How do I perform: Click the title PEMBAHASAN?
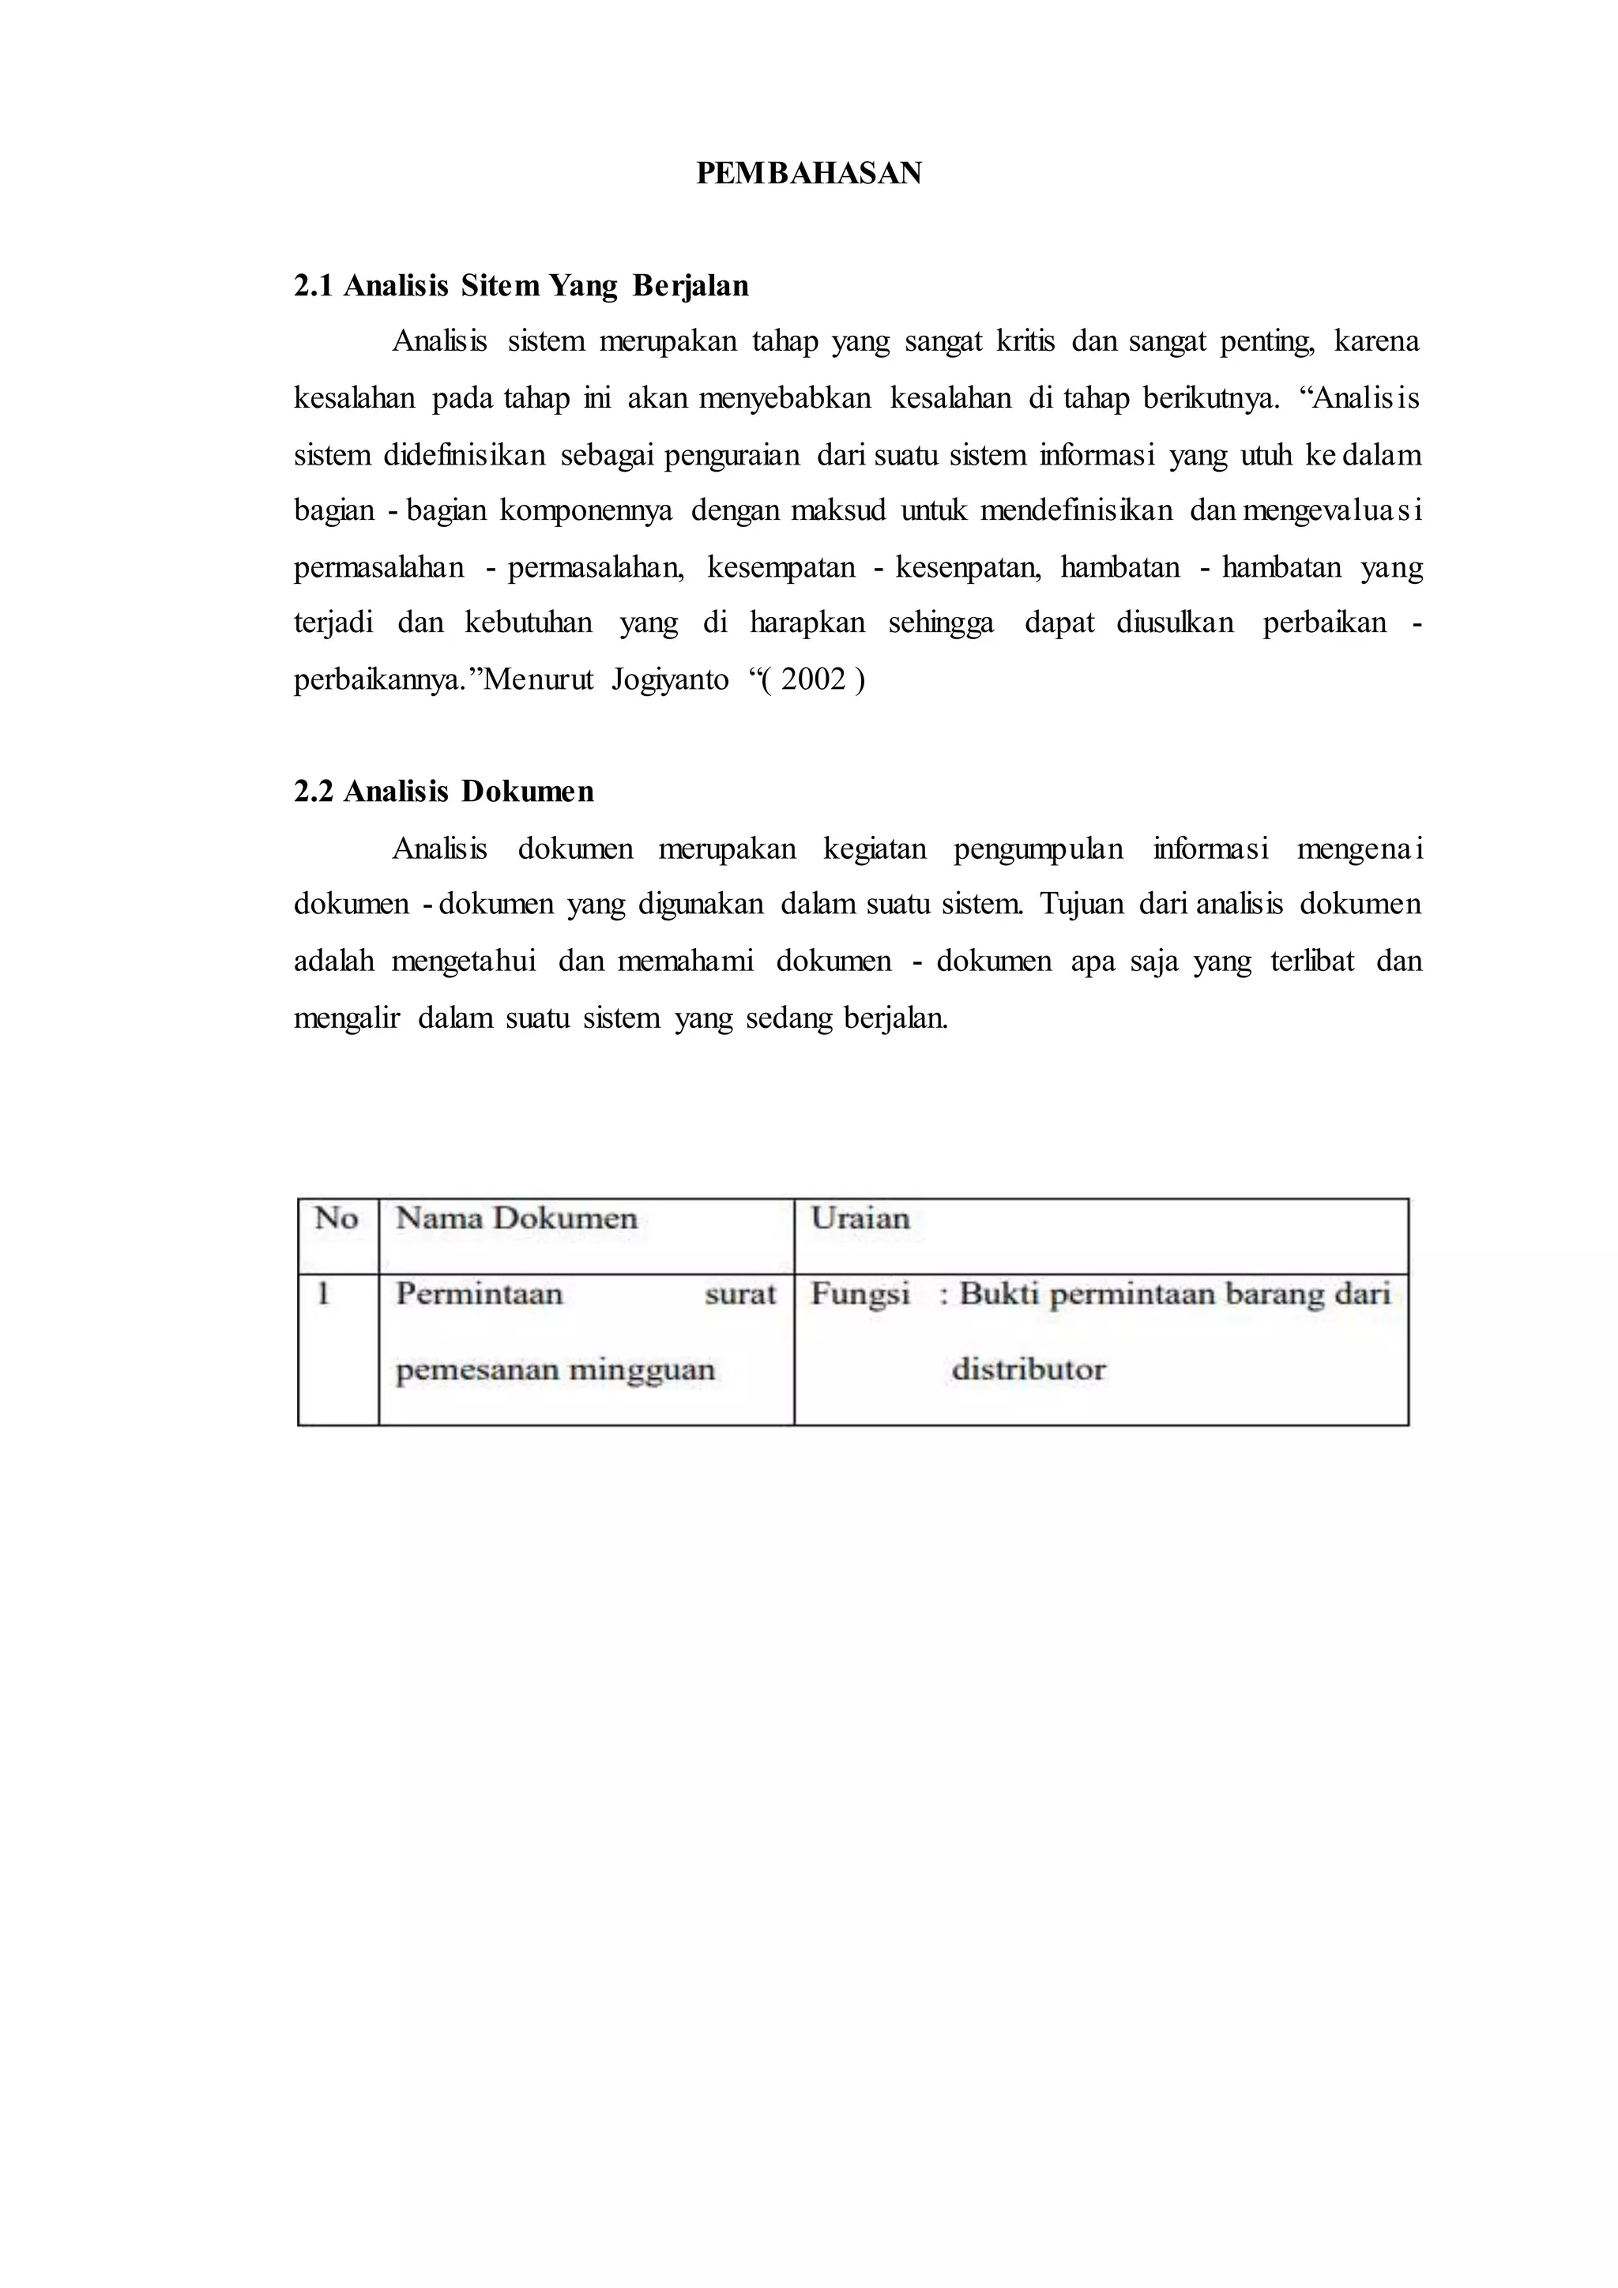[808, 173]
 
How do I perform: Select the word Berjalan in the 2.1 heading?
[690, 287]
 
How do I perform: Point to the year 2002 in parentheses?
[813, 679]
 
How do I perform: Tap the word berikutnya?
[1210, 399]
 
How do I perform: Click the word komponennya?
[586, 511]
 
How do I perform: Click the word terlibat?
[1312, 961]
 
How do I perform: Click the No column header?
[336, 1217]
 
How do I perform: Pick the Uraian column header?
[860, 1217]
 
